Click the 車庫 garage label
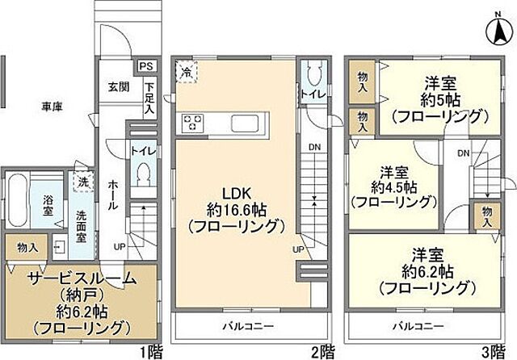tap(53, 106)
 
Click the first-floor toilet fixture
tap(142, 171)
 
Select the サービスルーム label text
tap(72, 279)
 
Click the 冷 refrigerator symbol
tap(186, 71)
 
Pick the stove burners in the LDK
tap(195, 123)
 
